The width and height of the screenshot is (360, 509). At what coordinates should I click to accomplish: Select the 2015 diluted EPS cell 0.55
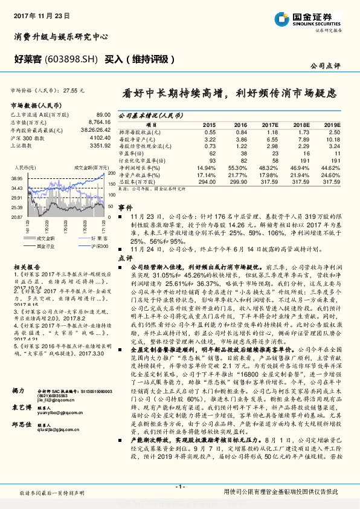[x=210, y=132]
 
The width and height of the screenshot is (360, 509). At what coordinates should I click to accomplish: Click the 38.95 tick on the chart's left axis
[x=16, y=178]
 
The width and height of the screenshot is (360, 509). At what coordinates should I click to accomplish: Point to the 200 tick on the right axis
[x=111, y=173]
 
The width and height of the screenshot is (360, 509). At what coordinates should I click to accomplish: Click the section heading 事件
[x=125, y=207]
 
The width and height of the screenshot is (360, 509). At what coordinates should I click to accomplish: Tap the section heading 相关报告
[x=27, y=267]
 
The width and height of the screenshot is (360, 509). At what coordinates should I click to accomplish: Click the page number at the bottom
[x=180, y=487]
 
